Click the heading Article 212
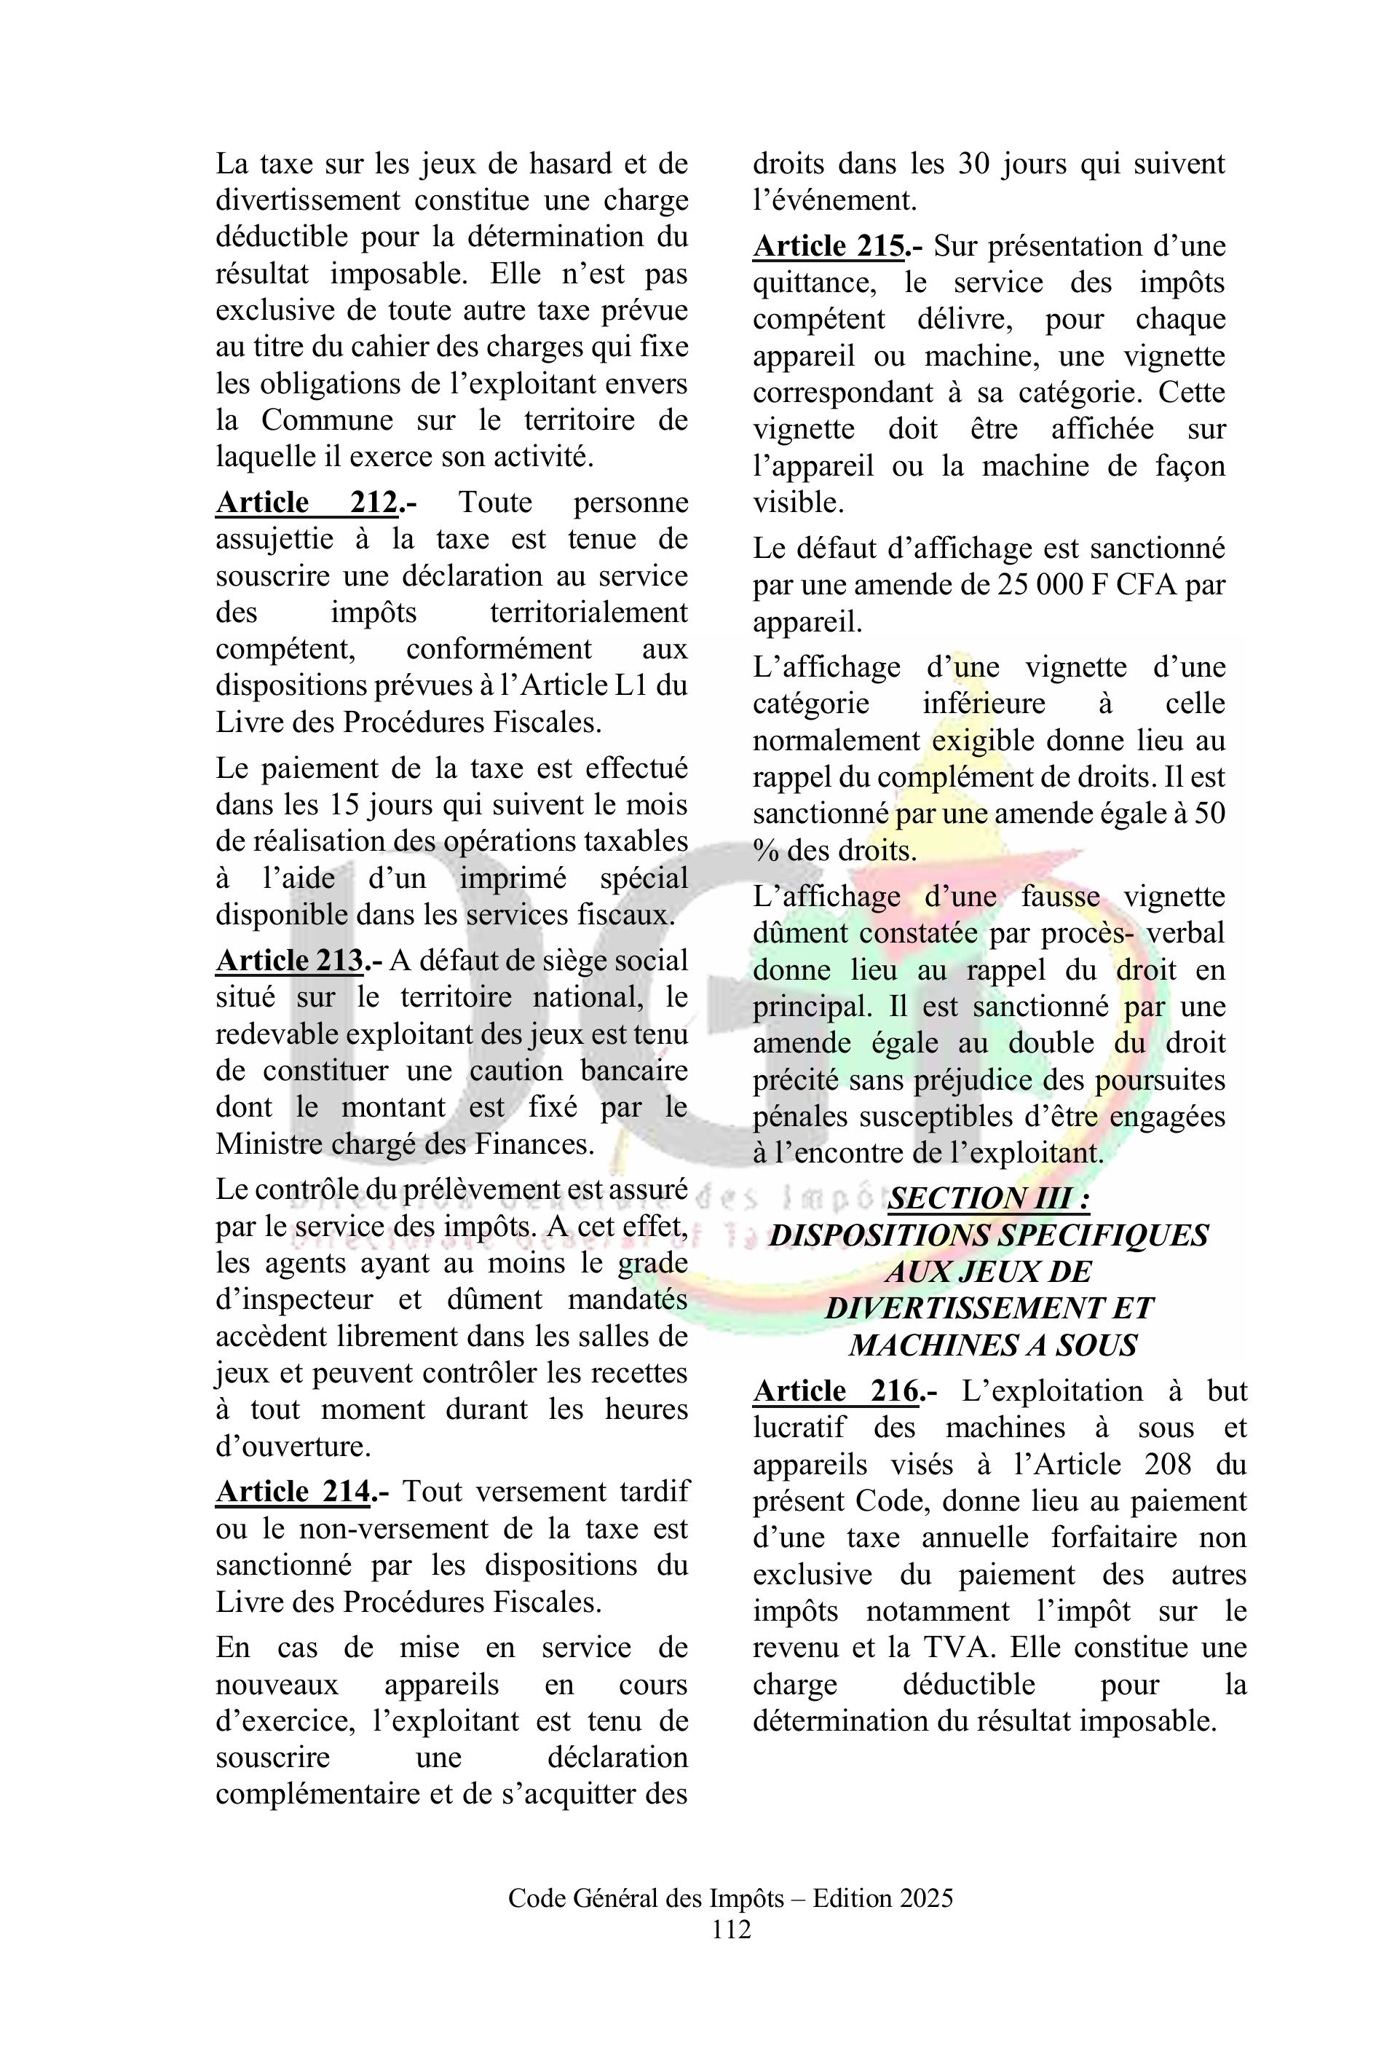tap(307, 503)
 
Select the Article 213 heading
tap(290, 961)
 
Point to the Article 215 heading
tap(829, 247)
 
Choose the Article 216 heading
tap(837, 1391)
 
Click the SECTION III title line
tap(989, 1198)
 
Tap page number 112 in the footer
tap(731, 1954)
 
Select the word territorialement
tap(588, 613)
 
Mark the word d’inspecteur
tap(294, 1299)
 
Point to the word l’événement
tap(834, 201)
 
